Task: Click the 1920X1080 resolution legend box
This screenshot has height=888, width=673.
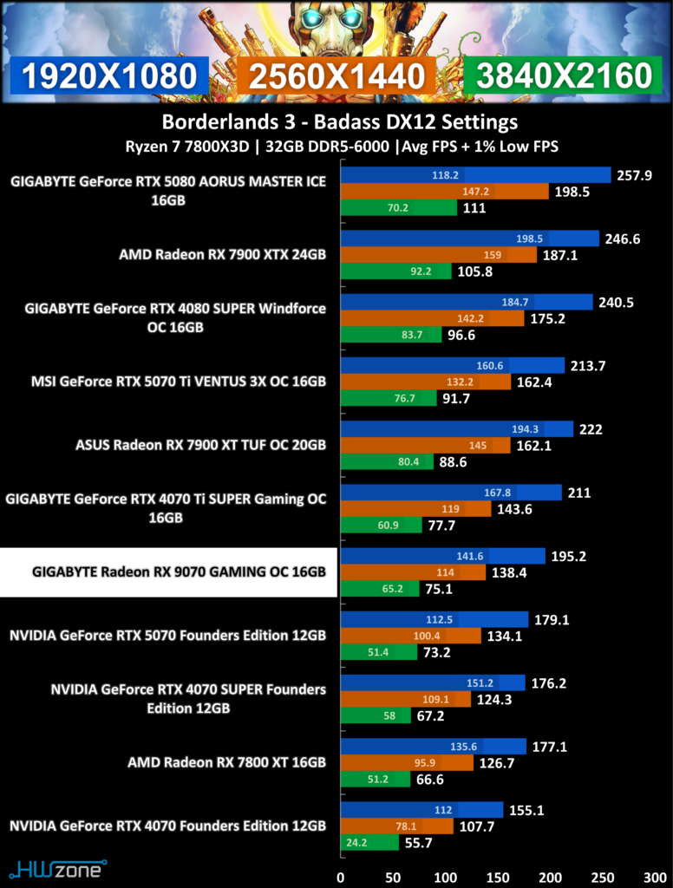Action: (108, 76)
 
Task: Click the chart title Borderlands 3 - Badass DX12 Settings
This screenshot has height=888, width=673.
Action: (340, 121)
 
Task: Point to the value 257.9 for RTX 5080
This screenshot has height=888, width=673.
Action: (635, 175)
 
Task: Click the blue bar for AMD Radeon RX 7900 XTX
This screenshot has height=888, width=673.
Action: (469, 238)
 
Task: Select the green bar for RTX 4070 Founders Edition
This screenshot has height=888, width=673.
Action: (369, 842)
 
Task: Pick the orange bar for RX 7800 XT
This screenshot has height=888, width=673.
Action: (407, 762)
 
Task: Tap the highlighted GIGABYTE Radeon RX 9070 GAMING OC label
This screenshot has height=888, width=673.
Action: (169, 572)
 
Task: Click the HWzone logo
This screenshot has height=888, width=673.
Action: (57, 868)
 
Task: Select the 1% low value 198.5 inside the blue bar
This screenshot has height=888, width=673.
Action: (529, 238)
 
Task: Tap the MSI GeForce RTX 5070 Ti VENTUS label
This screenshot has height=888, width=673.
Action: (179, 382)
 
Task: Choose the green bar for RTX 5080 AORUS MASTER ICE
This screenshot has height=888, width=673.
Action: (398, 207)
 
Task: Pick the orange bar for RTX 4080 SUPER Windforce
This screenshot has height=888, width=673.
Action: (432, 318)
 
